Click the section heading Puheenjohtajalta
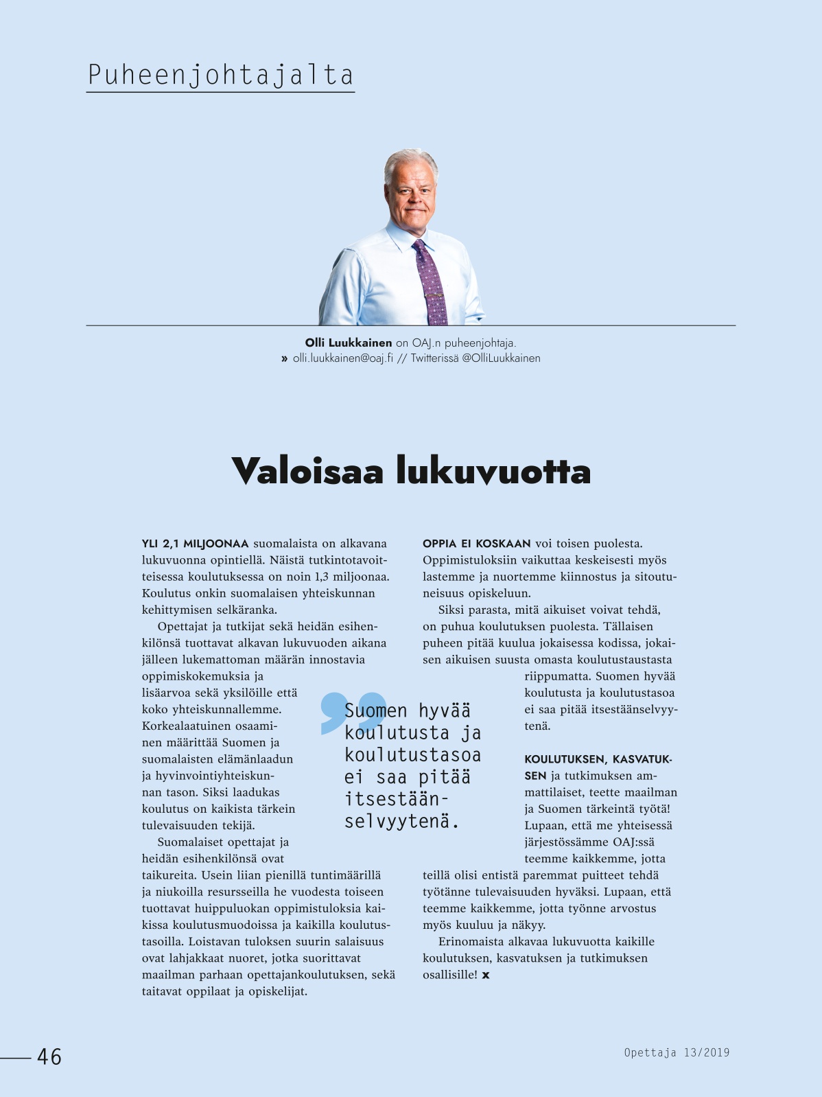(x=220, y=75)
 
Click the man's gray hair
(x=410, y=162)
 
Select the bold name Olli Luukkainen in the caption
(x=349, y=343)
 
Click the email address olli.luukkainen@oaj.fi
(x=343, y=358)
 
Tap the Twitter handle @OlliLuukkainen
(x=501, y=358)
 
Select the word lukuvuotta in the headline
(x=493, y=471)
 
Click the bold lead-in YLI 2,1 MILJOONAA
(x=195, y=544)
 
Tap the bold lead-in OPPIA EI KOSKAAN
(x=477, y=544)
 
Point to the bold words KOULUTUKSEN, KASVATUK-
(x=598, y=759)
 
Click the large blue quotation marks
(x=352, y=712)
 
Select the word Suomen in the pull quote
(x=376, y=711)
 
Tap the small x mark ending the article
(x=486, y=975)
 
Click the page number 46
(x=49, y=1056)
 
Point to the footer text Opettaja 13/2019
(x=677, y=1052)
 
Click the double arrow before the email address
(x=284, y=358)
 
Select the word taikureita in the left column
(x=169, y=875)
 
